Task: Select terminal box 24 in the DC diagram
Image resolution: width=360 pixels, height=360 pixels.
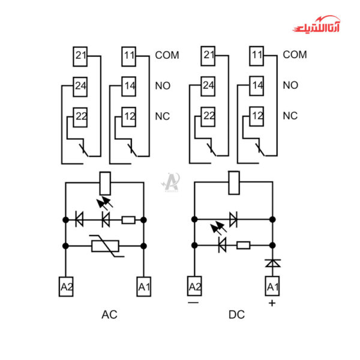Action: [208, 85]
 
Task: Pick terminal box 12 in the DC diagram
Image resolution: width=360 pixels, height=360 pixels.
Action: [257, 116]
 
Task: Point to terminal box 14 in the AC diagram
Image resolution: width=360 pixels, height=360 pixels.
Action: [130, 85]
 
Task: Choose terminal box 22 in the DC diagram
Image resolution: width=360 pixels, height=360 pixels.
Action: [208, 116]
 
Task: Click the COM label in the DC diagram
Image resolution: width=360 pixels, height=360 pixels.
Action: [295, 55]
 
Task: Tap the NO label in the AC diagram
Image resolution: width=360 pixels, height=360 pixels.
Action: [163, 85]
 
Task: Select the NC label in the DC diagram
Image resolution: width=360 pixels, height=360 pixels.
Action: [290, 116]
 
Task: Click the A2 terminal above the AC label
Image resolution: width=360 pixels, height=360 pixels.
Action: [66, 287]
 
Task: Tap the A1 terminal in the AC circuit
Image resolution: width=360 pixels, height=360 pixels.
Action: [144, 287]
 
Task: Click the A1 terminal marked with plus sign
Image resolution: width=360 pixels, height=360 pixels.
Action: [273, 287]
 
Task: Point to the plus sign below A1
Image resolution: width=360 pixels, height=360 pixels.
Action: [272, 304]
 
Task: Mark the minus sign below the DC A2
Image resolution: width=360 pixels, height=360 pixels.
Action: [193, 302]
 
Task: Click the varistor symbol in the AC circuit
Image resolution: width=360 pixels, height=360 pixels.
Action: [105, 245]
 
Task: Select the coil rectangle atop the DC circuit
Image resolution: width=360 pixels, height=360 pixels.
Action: [233, 182]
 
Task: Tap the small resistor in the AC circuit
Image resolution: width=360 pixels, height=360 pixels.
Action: [128, 220]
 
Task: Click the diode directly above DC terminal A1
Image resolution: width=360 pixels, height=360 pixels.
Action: [273, 263]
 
